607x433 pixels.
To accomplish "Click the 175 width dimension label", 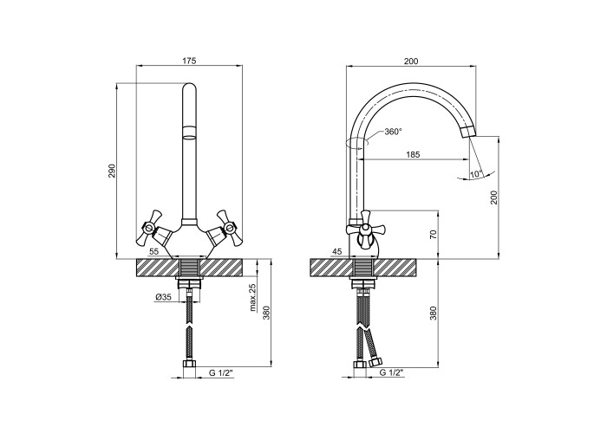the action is tap(189, 61).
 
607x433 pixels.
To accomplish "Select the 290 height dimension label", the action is tap(112, 171).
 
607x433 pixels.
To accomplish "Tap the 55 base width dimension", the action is tap(153, 251).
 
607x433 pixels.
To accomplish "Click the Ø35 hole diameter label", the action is tap(163, 297).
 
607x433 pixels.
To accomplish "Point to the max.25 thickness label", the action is tap(253, 297).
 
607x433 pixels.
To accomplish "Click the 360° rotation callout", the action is tap(394, 132).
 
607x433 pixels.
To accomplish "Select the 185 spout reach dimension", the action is tap(413, 155).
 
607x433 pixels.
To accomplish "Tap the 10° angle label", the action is tap(476, 174).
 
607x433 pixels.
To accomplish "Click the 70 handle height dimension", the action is tap(434, 235).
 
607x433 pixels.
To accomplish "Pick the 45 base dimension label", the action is tap(337, 252).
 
